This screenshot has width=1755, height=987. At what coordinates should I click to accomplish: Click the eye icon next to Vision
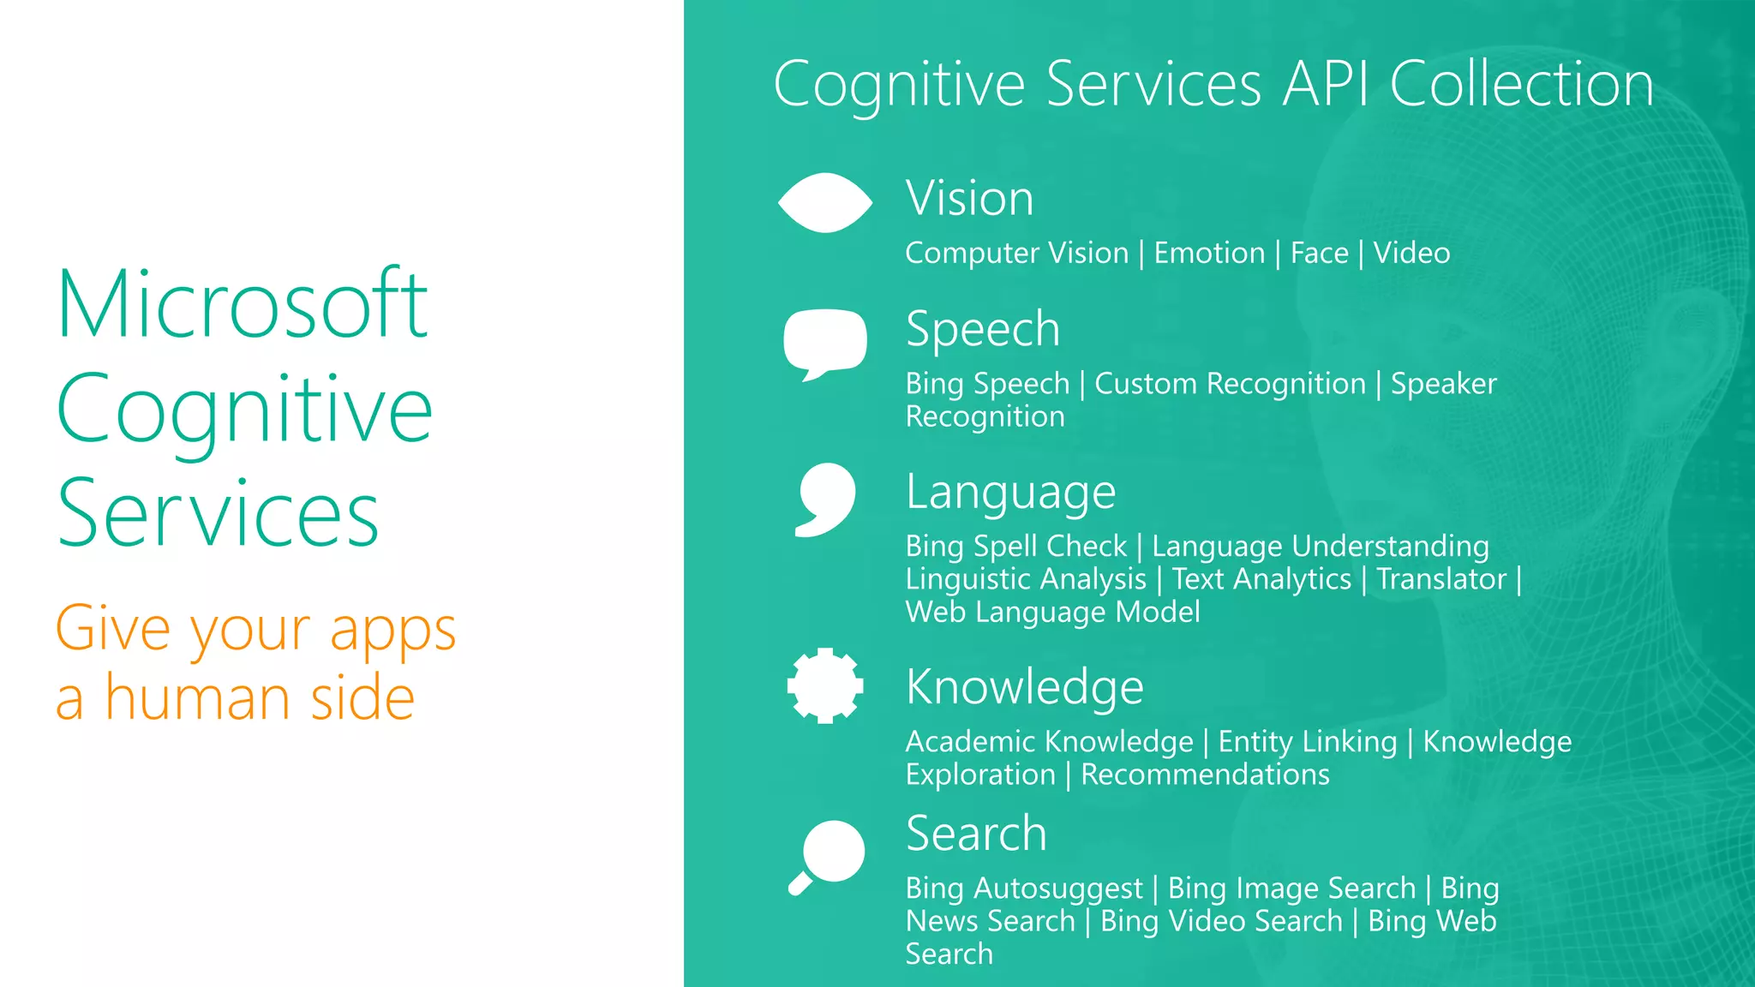tap(824, 203)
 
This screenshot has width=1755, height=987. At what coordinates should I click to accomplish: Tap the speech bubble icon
tap(824, 342)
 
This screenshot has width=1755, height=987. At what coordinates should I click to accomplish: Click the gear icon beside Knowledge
tap(824, 685)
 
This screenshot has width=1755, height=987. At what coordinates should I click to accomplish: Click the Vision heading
tap(969, 198)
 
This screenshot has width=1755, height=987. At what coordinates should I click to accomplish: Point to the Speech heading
tap(982, 329)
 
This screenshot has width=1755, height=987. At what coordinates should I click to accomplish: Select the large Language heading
tap(1010, 493)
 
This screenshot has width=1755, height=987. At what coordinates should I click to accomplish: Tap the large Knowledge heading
tap(1024, 687)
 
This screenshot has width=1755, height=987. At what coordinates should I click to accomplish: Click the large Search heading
tap(976, 834)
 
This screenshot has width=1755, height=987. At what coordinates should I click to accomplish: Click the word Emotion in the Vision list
tap(1208, 254)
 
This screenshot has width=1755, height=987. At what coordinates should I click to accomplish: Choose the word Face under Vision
tap(1319, 254)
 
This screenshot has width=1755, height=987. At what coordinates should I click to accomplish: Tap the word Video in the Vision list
tap(1411, 254)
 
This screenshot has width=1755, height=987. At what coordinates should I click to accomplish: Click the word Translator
tap(1441, 580)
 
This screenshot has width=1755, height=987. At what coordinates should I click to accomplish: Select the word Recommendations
tap(1204, 775)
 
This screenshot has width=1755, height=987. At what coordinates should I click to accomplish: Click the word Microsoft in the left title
tap(242, 304)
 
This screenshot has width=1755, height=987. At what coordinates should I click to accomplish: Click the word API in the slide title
tap(1325, 85)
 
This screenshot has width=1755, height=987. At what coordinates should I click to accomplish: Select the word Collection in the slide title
tap(1521, 85)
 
